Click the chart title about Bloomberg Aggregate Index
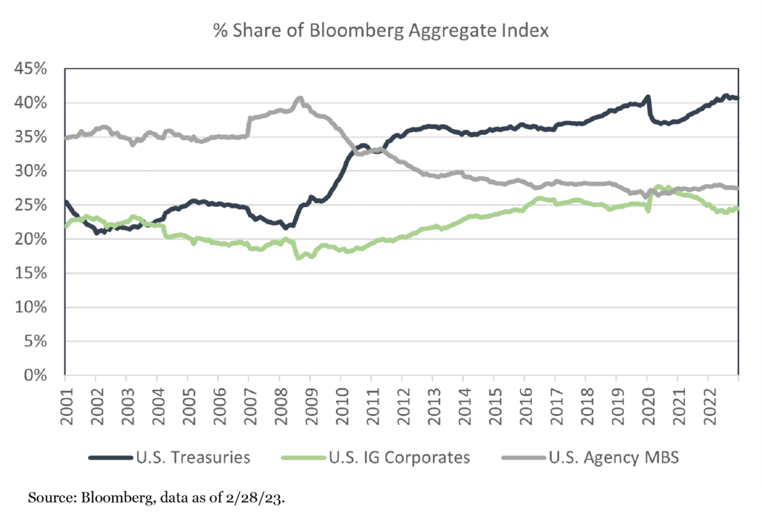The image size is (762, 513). coord(380,31)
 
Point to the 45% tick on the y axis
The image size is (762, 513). coord(31,69)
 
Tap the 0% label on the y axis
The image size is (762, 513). coord(37,375)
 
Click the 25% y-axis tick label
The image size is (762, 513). coord(31,205)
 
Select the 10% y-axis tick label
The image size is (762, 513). coord(31,307)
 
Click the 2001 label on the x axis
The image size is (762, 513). coord(64,402)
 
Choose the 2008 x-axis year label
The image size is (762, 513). coord(278,402)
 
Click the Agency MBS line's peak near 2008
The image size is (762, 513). coord(299,98)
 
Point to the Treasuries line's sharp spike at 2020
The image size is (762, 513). coord(648,97)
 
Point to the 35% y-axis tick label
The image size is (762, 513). coord(31,137)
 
